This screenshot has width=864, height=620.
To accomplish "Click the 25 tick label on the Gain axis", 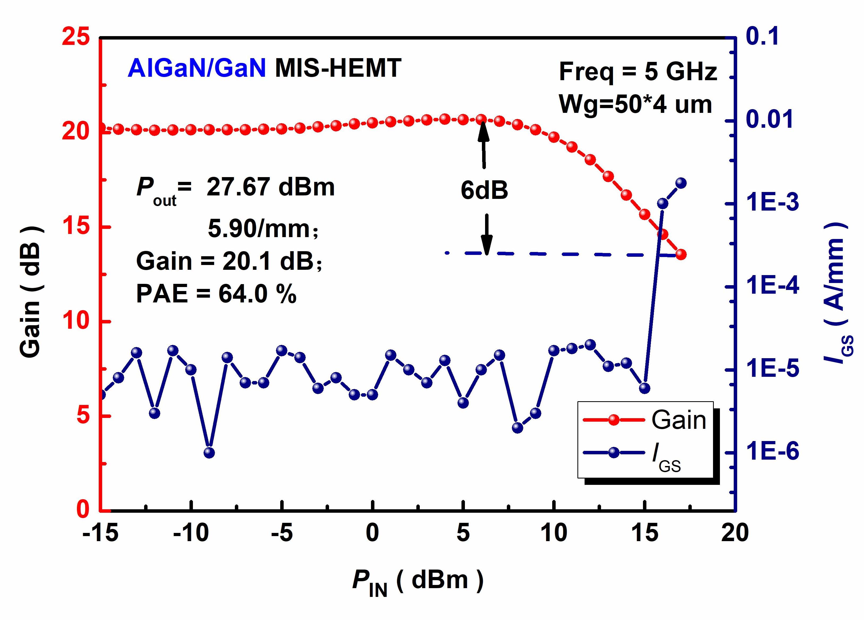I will tap(76, 38).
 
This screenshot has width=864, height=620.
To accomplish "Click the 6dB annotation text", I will tap(484, 191).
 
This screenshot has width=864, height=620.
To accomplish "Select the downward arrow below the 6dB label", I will tap(486, 233).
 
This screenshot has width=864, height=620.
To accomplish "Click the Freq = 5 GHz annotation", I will tap(638, 72).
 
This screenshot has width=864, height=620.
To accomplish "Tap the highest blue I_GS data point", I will tap(681, 183).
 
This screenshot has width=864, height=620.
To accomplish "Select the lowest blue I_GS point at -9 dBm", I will tap(209, 453).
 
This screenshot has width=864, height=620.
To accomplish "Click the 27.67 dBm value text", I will tap(270, 187).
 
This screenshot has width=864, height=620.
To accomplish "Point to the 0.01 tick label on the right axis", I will tap(770, 119).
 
